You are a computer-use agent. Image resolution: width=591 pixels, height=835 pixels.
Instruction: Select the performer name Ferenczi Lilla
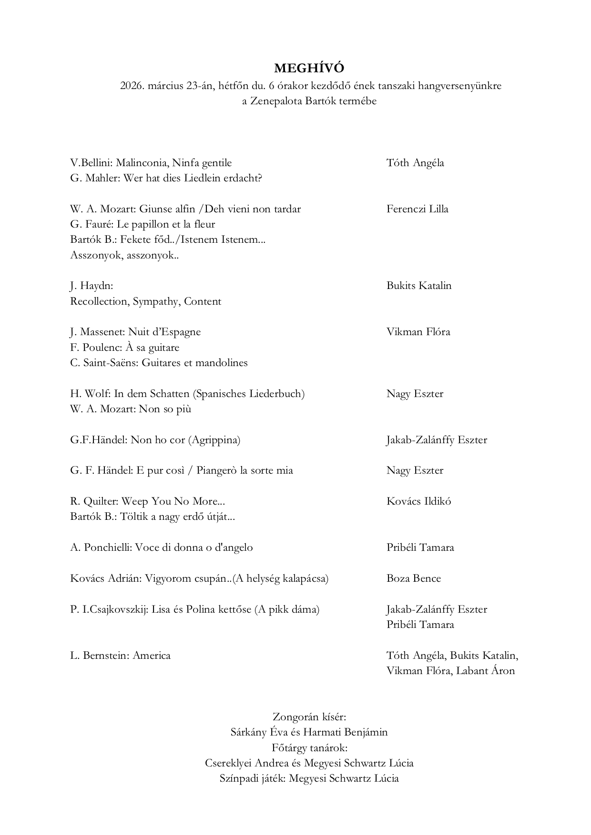coord(417,209)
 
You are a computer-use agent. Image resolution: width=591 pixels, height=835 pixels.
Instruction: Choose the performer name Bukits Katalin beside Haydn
coord(418,286)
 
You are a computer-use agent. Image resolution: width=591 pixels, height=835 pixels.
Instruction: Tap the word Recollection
coord(99,301)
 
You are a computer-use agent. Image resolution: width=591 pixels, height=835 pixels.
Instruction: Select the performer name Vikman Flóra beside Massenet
coord(418,332)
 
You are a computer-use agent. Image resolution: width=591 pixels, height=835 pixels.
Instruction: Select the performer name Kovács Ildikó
coord(418,501)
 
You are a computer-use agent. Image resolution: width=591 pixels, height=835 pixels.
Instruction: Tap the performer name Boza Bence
coord(414,578)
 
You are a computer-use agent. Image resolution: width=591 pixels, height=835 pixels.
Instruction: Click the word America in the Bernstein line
coord(152,656)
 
